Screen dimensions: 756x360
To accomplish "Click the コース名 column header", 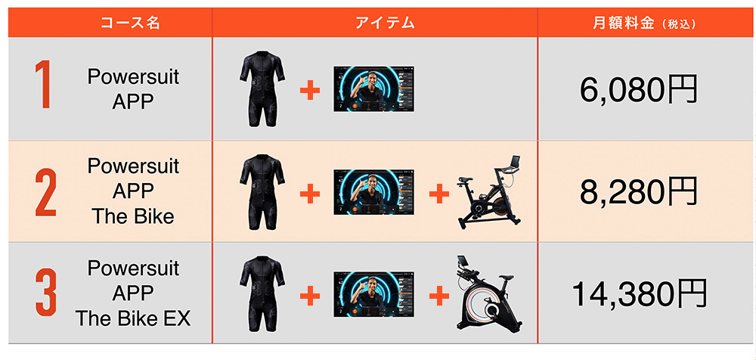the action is (130, 23).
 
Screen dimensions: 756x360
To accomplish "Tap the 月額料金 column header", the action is (622, 23).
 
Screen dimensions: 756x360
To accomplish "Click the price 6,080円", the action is (639, 89).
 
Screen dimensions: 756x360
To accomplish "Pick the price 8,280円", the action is (639, 191).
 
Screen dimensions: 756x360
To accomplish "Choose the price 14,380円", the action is (640, 293).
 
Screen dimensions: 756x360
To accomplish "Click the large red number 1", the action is (43, 85).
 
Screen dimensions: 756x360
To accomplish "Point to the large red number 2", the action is (46, 191).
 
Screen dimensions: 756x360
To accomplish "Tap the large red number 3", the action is (46, 293).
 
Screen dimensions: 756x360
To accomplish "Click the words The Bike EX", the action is (133, 318).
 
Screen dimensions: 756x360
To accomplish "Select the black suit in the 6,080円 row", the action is (262, 88).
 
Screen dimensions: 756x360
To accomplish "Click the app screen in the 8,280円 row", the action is (373, 192).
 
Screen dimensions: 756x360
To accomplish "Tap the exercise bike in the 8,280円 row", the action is (489, 192).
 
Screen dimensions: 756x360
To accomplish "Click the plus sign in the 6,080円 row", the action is (310, 90).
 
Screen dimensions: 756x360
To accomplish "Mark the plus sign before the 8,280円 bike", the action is (439, 194).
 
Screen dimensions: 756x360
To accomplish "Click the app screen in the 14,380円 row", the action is (373, 294).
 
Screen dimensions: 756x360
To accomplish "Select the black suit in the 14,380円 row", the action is (262, 293).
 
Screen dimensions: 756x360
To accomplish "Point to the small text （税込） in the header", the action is (680, 24).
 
